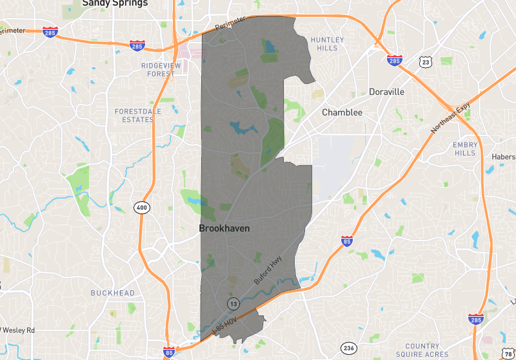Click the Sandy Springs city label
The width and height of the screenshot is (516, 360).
point(115,3)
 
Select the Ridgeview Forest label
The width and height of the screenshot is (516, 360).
point(158,70)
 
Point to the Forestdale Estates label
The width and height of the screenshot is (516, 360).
point(134,115)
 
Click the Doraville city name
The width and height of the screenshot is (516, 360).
point(386,92)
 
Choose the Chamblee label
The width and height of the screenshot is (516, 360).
point(342,113)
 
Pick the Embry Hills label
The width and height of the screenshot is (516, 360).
point(464,149)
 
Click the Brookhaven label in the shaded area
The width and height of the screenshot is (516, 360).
point(224,229)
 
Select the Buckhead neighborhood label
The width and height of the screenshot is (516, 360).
point(113,293)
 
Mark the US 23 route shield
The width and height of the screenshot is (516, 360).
point(424,62)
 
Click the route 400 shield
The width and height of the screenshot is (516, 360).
point(142,208)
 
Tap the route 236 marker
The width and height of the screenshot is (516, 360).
point(349,347)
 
